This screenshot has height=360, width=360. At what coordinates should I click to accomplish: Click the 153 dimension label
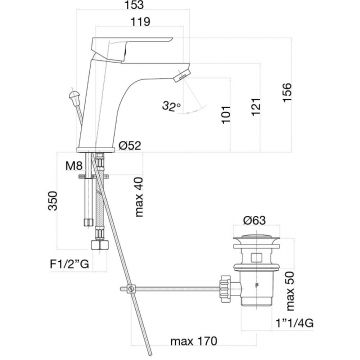click(x=133, y=5)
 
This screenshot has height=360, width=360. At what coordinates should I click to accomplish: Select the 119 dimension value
click(x=140, y=22)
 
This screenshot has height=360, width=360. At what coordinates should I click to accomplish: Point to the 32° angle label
click(x=171, y=106)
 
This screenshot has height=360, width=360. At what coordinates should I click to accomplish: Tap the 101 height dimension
click(x=226, y=115)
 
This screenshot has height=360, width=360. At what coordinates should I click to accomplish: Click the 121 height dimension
click(x=256, y=107)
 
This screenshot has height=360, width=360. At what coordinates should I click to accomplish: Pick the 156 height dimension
click(x=287, y=93)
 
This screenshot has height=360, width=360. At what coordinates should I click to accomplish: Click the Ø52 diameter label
click(x=130, y=145)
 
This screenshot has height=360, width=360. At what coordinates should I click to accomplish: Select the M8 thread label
click(x=74, y=166)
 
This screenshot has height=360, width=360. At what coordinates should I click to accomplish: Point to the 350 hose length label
click(x=53, y=201)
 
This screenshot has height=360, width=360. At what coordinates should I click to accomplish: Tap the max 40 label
click(x=138, y=197)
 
